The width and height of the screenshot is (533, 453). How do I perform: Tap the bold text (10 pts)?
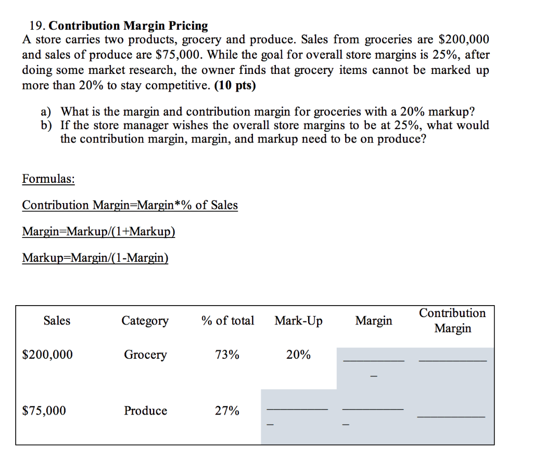click(x=235, y=85)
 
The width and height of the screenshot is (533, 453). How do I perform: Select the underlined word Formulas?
click(x=48, y=179)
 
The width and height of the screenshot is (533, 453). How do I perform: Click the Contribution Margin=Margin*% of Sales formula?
click(x=130, y=205)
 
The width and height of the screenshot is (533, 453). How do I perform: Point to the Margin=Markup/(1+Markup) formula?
click(x=98, y=231)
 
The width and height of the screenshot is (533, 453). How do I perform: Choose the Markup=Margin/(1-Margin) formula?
click(x=95, y=257)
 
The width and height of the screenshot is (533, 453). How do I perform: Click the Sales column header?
click(x=57, y=321)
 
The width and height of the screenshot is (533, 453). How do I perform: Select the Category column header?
click(x=145, y=321)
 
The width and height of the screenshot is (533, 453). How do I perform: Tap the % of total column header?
click(x=227, y=321)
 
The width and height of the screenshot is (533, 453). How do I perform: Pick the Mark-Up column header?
click(x=298, y=321)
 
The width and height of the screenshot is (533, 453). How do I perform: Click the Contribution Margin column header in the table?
click(x=452, y=321)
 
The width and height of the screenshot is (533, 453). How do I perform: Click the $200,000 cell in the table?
click(x=48, y=355)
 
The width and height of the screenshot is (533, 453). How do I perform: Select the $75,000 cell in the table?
click(x=44, y=411)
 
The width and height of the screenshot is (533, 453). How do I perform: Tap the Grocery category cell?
click(x=145, y=355)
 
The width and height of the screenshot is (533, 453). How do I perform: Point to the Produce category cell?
click(x=145, y=411)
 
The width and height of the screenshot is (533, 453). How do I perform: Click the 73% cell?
click(x=227, y=355)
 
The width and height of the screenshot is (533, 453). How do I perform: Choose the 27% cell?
click(x=227, y=411)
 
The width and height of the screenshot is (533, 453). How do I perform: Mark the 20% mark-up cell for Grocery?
click(x=298, y=355)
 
